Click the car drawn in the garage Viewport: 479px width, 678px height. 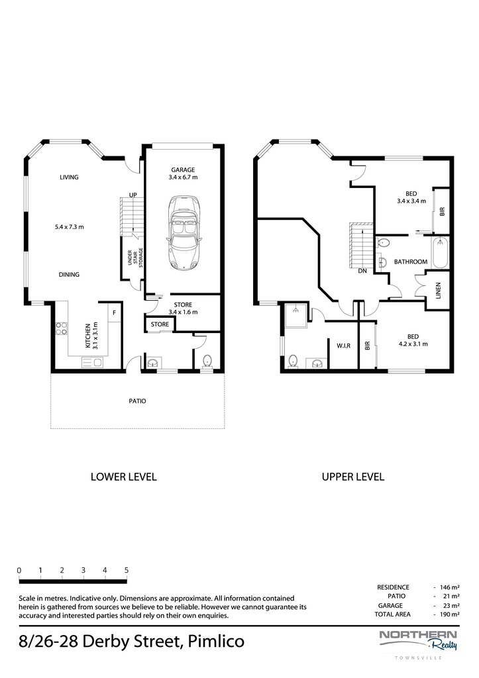[x=183, y=234]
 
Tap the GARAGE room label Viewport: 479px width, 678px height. [x=183, y=170]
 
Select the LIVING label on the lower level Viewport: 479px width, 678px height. [x=69, y=177]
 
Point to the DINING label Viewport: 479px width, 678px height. [x=69, y=274]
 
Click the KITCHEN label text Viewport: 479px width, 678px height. [x=88, y=336]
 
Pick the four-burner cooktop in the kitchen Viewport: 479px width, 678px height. [x=62, y=328]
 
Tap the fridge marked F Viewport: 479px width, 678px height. [x=114, y=313]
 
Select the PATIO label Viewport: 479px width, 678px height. [x=138, y=401]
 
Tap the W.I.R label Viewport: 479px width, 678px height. [x=344, y=346]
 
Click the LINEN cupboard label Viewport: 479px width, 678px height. [x=439, y=291]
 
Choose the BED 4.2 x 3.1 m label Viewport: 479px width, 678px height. [x=413, y=340]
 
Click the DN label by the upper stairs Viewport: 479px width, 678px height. [x=362, y=271]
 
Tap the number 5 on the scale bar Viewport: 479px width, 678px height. [x=127, y=570]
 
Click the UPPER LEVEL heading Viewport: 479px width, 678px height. [x=353, y=477]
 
